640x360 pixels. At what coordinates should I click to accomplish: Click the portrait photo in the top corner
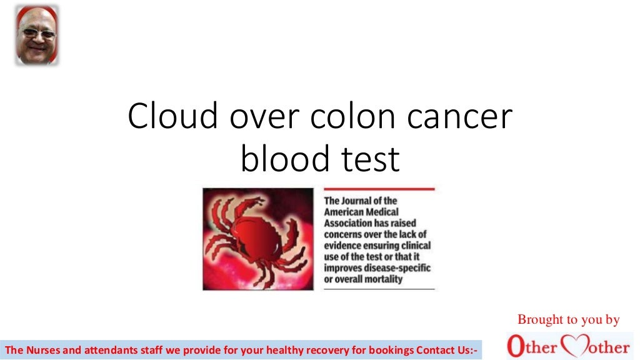pos(37,35)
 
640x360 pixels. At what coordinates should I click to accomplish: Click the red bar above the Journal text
pos(379,189)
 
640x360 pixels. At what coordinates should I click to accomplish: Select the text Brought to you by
pos(568,320)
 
